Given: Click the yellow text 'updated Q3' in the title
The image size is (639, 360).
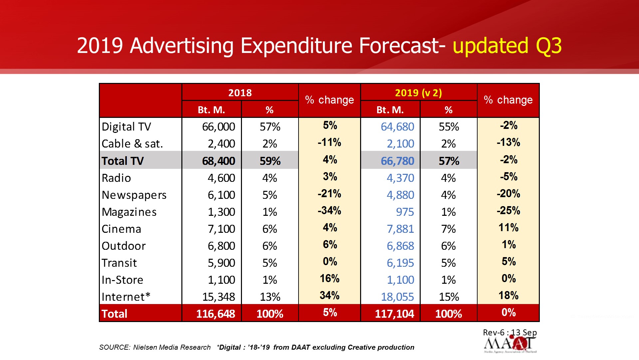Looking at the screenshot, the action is coord(507,46).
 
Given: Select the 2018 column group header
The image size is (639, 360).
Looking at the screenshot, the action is coord(240,93).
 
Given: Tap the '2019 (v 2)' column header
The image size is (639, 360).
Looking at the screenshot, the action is coord(418,93).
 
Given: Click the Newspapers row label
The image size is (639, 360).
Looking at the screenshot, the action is coord(134,195).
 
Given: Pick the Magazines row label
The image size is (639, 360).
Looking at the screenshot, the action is coord(129,212).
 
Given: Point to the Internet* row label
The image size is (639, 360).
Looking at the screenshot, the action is coord(126,297).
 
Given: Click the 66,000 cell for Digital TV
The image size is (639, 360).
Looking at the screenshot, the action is coord(218,127).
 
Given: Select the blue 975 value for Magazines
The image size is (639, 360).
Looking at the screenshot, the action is coord(405,212).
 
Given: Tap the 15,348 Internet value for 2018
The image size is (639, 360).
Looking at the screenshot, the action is coord(218,297).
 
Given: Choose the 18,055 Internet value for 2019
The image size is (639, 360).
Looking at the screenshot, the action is coord(397,297).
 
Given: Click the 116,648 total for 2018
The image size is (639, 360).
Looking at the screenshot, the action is coord(216,314).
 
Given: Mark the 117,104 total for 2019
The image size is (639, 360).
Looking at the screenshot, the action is coord(394,314).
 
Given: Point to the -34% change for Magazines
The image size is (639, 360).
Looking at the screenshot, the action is coord(329,210).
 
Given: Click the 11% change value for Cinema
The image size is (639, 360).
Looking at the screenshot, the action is coord(509,228).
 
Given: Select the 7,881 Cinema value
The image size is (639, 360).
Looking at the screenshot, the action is coord(400,229).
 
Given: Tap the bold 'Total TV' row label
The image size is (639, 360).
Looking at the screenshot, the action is coord(122,161).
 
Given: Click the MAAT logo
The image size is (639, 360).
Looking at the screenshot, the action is coord(510,345).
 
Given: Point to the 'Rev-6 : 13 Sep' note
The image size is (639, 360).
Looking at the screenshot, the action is coord(510,332).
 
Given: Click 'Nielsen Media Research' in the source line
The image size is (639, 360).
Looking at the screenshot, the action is coord(172,347).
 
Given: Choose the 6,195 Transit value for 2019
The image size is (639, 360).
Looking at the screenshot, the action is coord(400,263).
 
